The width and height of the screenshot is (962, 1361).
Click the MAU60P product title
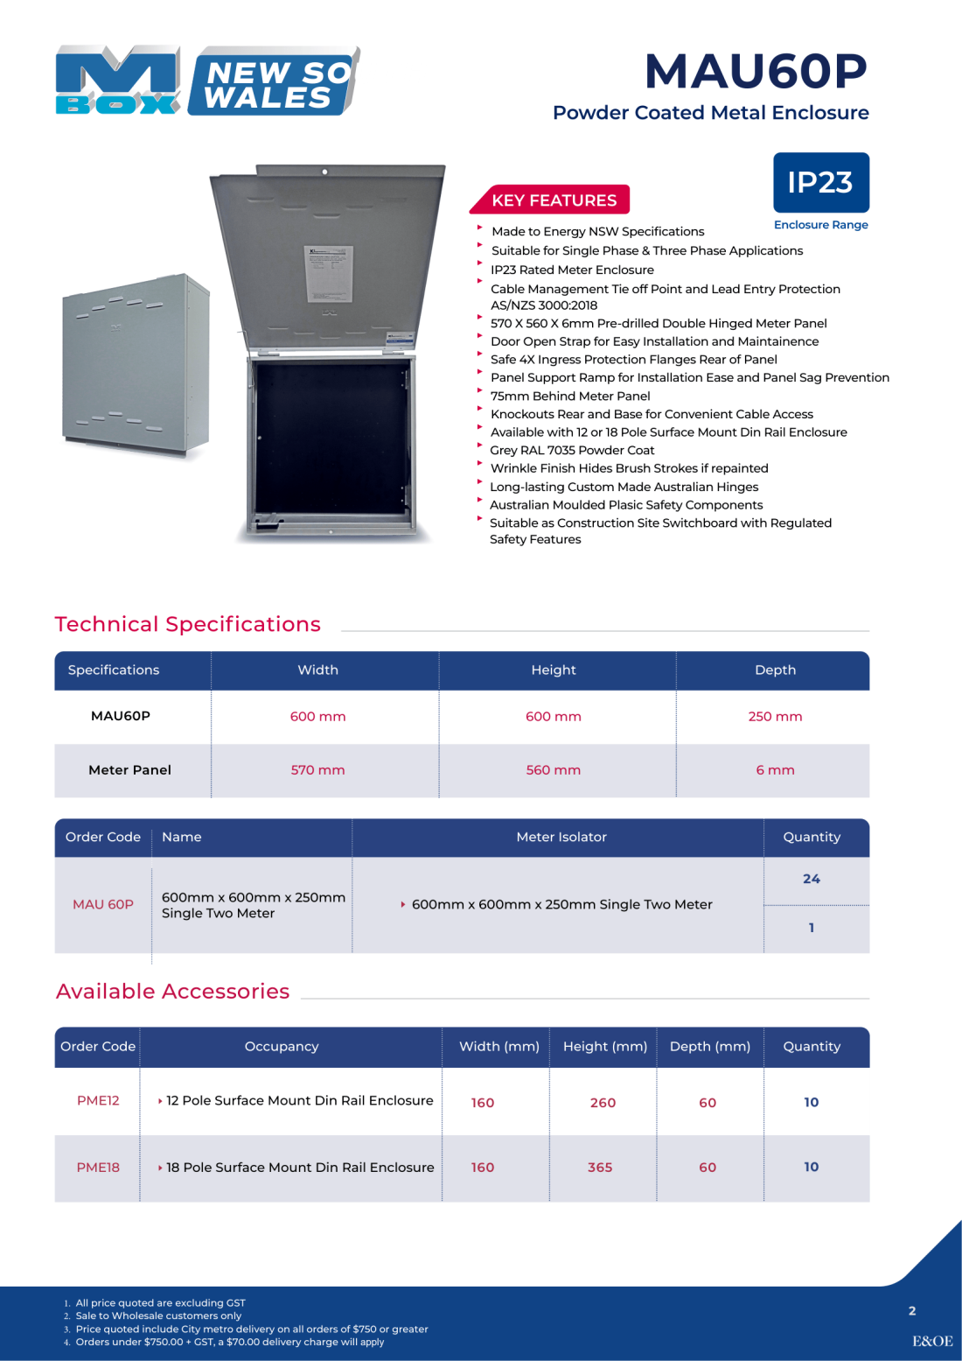[756, 71]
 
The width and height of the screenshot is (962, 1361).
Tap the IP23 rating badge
[820, 182]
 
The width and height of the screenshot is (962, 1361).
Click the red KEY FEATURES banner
[554, 200]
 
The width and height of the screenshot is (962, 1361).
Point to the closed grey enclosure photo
[136, 366]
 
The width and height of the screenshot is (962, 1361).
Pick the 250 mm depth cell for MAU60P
[775, 716]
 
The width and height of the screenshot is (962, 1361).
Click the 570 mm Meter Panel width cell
[317, 770]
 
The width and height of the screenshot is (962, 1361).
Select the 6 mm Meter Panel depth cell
[775, 770]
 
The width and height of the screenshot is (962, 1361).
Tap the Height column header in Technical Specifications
[554, 670]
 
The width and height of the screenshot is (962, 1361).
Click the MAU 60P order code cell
[103, 904]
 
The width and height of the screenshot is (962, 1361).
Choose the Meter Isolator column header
[561, 837]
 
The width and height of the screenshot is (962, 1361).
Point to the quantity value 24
[812, 879]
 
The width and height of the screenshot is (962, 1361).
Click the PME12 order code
[98, 1100]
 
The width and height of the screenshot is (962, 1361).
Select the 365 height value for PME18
[600, 1168]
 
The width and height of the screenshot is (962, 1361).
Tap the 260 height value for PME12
[603, 1103]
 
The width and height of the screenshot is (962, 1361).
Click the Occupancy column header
[282, 1046]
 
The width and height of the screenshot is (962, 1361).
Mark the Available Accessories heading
[172, 991]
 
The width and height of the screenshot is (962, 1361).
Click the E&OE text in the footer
[932, 1341]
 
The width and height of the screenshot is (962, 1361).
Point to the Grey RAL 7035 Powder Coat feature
[572, 450]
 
